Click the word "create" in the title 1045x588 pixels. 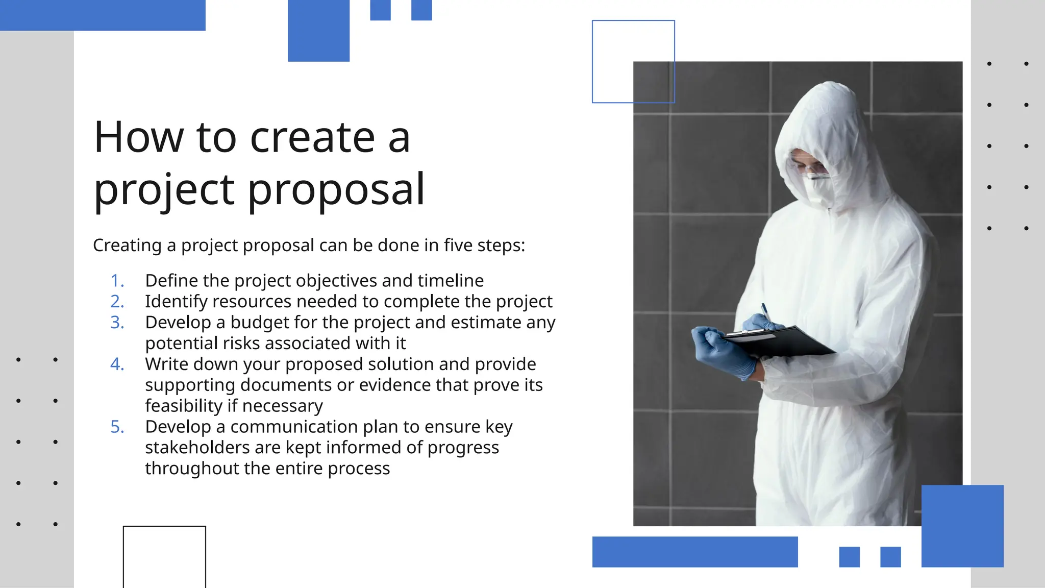click(312, 138)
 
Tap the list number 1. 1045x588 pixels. click(117, 281)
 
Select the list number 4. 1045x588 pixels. click(117, 364)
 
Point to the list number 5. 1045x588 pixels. click(117, 427)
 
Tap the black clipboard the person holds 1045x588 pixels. click(781, 341)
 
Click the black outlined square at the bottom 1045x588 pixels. click(164, 556)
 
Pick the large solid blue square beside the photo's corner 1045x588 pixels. click(962, 526)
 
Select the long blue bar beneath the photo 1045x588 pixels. click(695, 552)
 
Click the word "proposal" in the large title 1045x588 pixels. click(336, 189)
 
